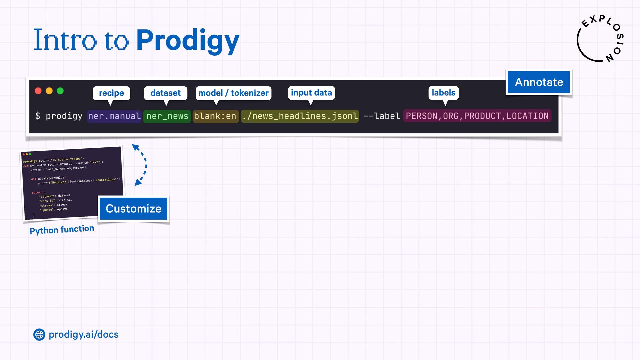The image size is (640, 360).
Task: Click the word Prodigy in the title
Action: pos(188,41)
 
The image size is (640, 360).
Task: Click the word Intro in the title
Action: pos(65,40)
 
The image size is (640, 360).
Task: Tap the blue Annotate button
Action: pos(539,82)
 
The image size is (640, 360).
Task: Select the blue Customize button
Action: pos(133,209)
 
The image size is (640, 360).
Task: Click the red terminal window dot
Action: pos(38,91)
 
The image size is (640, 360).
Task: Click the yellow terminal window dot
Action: pos(49,91)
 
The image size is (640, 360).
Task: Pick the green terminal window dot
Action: pos(60,91)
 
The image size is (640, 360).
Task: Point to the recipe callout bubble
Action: pos(111,93)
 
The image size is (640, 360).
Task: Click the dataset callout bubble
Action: pos(165,93)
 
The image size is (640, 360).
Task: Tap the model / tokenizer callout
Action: pos(233,93)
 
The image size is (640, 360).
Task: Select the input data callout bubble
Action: pos(311,93)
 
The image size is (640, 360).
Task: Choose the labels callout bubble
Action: pos(443,93)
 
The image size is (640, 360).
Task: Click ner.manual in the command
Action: pos(114,116)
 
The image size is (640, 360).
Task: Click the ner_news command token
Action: pos(167,116)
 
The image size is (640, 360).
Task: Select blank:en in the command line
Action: pos(215,116)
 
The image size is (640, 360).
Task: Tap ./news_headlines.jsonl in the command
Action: pos(300,116)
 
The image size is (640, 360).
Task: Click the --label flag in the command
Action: pos(382,116)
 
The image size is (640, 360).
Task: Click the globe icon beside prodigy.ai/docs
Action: pos(39,334)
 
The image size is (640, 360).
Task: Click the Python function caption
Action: pos(62,230)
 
